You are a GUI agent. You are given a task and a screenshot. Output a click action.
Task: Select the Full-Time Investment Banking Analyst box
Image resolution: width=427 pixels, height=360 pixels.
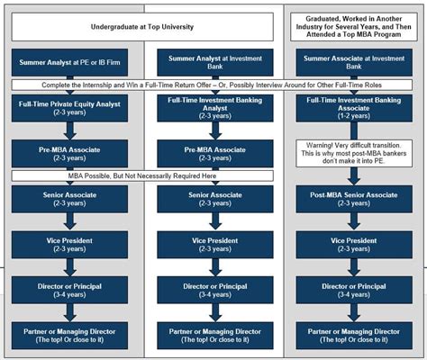pyautogui.click(x=209, y=109)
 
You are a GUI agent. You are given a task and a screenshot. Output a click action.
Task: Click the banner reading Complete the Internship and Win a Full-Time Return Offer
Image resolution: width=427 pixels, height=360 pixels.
pyautogui.click(x=214, y=85)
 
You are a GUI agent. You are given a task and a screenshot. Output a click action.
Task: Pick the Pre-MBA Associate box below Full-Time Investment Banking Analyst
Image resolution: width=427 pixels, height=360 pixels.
pyautogui.click(x=209, y=154)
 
